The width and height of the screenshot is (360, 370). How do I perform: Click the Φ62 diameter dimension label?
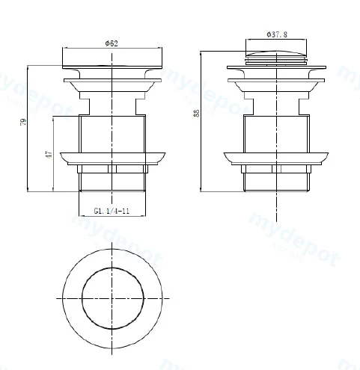pos(112,43)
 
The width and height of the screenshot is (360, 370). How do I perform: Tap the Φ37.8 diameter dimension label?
pos(277,34)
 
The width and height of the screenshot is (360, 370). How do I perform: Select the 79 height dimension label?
pos(23,122)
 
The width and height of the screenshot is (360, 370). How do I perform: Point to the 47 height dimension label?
pos(49,154)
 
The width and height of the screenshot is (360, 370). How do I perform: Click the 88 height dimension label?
pos(197,113)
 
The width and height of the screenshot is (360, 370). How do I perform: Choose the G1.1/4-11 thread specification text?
pos(112,211)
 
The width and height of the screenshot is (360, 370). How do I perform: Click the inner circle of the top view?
pos(82,298)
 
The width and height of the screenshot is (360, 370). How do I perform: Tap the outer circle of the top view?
pos(63,298)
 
